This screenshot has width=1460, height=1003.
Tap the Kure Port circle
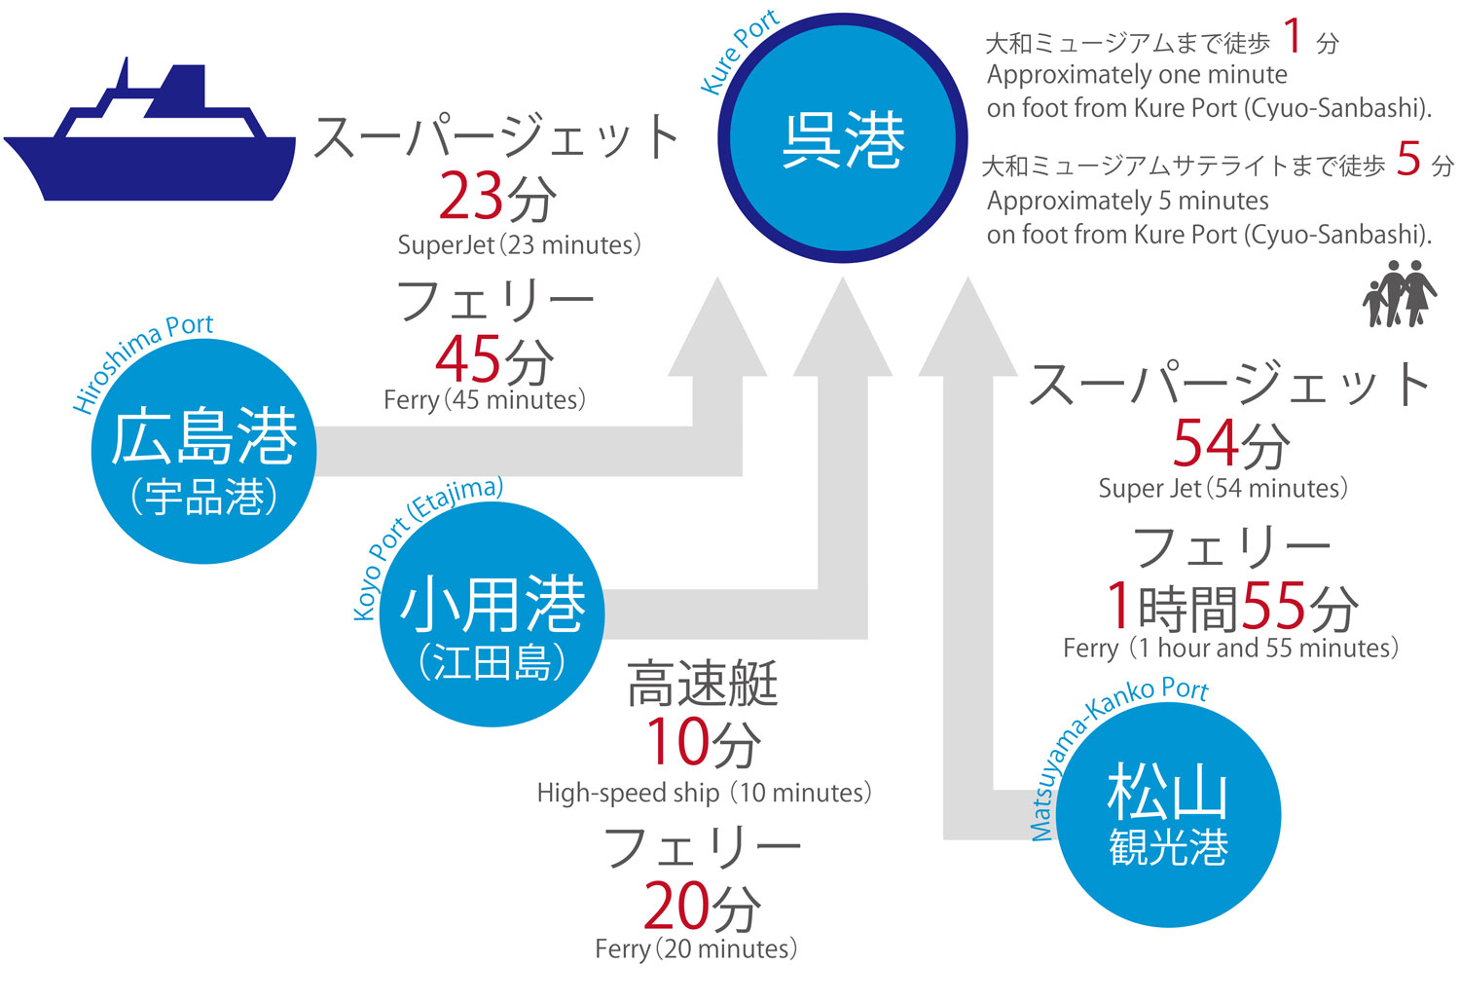[x=843, y=138]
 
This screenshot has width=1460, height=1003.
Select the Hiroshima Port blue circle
[x=203, y=452]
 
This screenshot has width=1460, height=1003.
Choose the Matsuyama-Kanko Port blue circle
[x=1168, y=815]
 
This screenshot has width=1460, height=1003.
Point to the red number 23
[x=470, y=198]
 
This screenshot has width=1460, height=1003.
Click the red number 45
[x=468, y=359]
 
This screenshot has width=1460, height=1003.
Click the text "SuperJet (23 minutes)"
[x=519, y=244]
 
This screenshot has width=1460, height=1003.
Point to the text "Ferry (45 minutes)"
[x=485, y=400]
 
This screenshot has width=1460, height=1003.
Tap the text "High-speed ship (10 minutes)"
[x=704, y=793]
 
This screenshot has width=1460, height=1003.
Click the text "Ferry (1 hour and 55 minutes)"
[x=1230, y=648]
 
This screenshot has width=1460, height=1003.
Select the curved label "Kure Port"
[x=739, y=52]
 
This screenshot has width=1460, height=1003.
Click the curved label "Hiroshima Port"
[x=142, y=359]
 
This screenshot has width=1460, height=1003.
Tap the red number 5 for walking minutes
[x=1408, y=159]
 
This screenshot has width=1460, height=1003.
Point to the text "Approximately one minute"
[x=1137, y=75]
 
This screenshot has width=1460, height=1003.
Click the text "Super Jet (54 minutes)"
[x=1223, y=488]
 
